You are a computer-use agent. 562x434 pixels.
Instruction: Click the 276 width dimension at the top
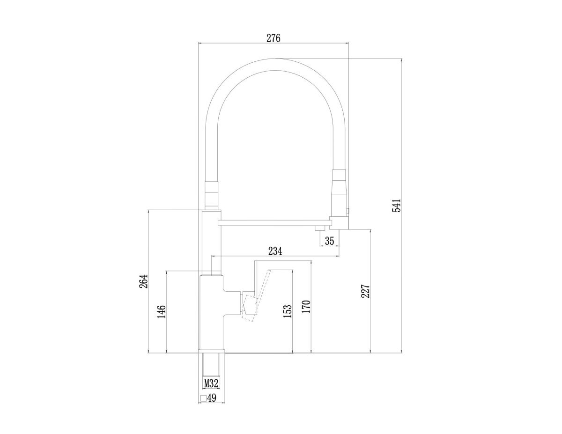tap(273, 38)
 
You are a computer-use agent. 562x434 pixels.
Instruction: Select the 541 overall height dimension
tap(396, 206)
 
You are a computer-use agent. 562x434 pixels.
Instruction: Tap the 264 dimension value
tap(143, 280)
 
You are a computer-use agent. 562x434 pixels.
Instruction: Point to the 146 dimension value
tap(162, 311)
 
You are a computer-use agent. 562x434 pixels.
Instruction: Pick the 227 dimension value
tap(366, 291)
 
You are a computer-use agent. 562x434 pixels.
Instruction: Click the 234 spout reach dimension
tap(275, 251)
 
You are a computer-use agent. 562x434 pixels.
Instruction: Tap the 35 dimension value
tap(329, 241)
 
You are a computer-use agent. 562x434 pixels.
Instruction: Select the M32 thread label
tap(212, 383)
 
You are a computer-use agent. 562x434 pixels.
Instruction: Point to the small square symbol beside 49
tap(203, 398)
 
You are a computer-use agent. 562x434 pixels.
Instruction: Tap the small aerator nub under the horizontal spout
tap(320, 228)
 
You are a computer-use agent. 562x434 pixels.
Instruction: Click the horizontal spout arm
tap(276, 221)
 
